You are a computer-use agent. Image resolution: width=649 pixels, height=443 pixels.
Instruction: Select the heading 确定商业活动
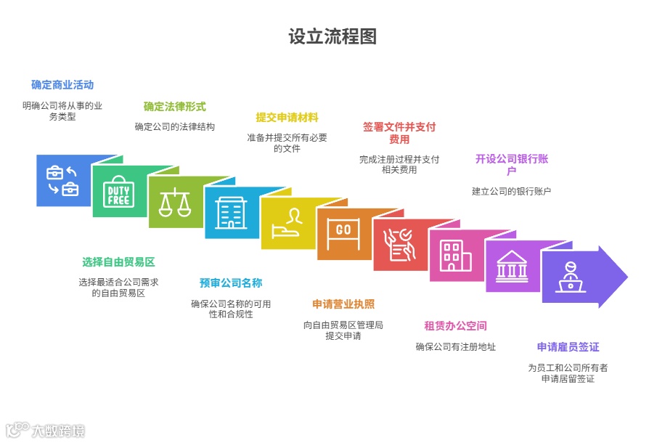pos(62,85)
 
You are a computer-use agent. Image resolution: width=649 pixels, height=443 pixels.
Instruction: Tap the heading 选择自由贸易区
pos(118,262)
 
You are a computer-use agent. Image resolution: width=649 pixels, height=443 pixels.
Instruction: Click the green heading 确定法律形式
pos(174,107)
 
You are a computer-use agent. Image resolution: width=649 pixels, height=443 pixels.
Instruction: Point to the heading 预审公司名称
pos(231,283)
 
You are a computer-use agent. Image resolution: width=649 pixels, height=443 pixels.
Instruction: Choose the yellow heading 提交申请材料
pos(287,118)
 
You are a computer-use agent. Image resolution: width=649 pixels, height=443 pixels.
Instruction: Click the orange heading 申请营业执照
pos(343,304)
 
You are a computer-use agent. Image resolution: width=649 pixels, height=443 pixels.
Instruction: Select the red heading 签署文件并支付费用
pos(399,133)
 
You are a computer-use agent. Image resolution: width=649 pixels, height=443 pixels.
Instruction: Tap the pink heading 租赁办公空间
pos(455,325)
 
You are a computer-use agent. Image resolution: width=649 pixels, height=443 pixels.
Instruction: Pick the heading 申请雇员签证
pos(568,347)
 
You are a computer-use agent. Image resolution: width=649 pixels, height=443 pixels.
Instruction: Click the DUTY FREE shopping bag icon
pos(119,192)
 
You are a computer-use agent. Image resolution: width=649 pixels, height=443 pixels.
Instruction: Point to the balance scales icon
pos(174,203)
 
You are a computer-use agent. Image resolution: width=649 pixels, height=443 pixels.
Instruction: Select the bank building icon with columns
pos(512,266)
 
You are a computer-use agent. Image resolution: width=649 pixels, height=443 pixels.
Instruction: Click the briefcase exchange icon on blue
pos(62,181)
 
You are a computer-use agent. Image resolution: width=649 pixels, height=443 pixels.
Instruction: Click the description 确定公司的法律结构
pos(174,127)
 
